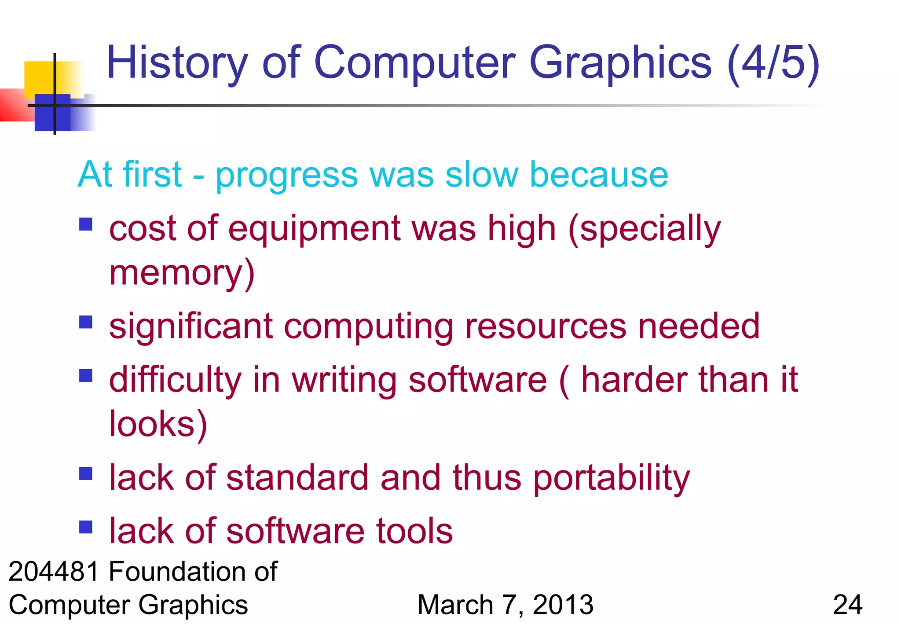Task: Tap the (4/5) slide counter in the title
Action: click(773, 63)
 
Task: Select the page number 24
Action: click(847, 605)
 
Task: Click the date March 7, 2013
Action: click(505, 605)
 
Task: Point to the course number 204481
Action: click(54, 572)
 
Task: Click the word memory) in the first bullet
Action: click(182, 273)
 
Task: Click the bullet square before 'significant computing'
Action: click(86, 322)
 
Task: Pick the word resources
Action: click(546, 326)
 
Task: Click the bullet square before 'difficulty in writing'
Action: click(86, 376)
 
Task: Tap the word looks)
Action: click(158, 424)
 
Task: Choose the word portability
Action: click(611, 478)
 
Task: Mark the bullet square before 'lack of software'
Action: click(86, 527)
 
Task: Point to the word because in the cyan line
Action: click(599, 175)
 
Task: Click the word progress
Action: click(287, 176)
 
